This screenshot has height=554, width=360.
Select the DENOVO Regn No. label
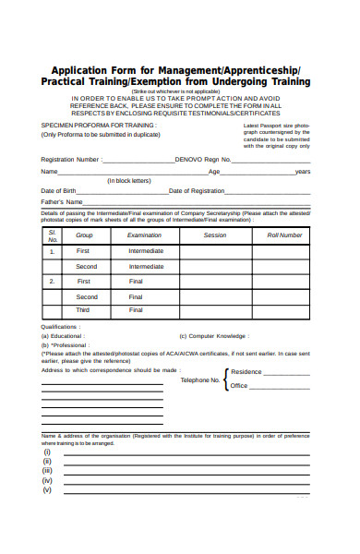click(201, 159)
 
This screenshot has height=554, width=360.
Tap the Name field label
click(49, 172)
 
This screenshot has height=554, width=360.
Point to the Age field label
click(214, 172)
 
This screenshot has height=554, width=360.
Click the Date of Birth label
click(58, 190)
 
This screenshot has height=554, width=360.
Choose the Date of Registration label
click(197, 190)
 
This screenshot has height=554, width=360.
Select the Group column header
click(84, 235)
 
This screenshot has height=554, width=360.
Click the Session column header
click(215, 235)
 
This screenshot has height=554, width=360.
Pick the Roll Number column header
click(284, 235)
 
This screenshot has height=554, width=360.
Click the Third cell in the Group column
click(83, 310)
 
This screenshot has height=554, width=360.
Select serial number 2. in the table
click(52, 281)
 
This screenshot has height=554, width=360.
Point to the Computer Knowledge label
click(215, 336)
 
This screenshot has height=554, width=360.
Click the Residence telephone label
click(246, 372)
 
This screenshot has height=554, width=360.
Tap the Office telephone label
click(239, 386)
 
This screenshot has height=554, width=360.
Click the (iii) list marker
click(47, 471)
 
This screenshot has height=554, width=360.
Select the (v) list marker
click(47, 490)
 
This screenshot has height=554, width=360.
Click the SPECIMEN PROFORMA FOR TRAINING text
click(85, 123)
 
